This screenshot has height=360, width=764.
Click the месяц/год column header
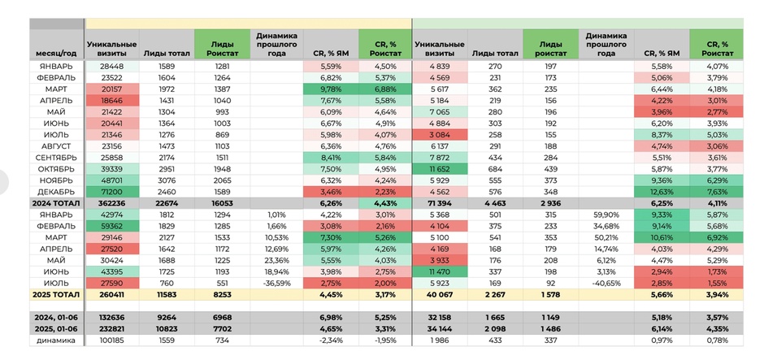click(56, 53)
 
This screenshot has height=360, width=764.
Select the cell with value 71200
click(112, 192)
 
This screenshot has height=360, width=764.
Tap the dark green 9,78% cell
click(331, 89)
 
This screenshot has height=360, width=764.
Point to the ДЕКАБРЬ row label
click(56, 192)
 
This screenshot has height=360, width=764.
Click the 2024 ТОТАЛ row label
click(56, 203)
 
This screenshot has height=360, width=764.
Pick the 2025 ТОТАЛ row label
click(56, 294)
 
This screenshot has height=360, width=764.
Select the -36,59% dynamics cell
click(277, 283)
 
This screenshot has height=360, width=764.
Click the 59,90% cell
click(606, 215)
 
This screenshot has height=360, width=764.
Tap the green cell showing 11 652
click(440, 169)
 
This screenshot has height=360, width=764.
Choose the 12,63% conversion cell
click(662, 192)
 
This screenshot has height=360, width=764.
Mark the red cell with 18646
click(112, 100)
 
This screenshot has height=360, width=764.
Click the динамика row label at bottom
click(56, 340)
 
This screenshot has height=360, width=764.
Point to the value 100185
click(112, 340)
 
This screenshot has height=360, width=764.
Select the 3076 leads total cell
click(167, 180)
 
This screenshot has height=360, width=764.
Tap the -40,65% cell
click(606, 283)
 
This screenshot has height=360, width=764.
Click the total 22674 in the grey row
click(167, 203)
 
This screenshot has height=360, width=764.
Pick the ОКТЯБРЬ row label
click(56, 169)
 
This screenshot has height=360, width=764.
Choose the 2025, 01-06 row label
click(56, 329)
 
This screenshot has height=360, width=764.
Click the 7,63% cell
click(716, 192)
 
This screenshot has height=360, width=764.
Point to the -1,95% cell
click(385, 340)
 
